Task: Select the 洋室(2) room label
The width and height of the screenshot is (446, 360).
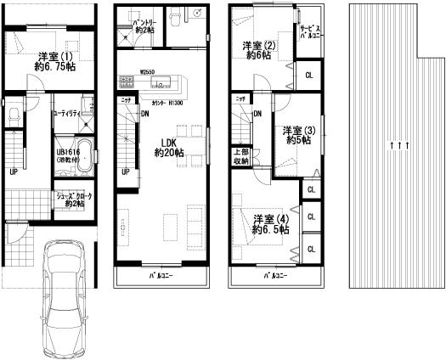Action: click(259, 50)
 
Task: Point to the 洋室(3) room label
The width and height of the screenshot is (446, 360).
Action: click(299, 135)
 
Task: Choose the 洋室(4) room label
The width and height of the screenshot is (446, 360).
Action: click(270, 224)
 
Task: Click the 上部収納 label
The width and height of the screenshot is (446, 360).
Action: click(240, 156)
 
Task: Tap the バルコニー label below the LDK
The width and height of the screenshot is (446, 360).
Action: click(161, 277)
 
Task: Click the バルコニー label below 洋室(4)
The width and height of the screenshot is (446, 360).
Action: click(274, 277)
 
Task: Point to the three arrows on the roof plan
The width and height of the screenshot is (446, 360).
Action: click(392, 145)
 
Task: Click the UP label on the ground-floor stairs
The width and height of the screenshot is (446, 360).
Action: click(14, 172)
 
